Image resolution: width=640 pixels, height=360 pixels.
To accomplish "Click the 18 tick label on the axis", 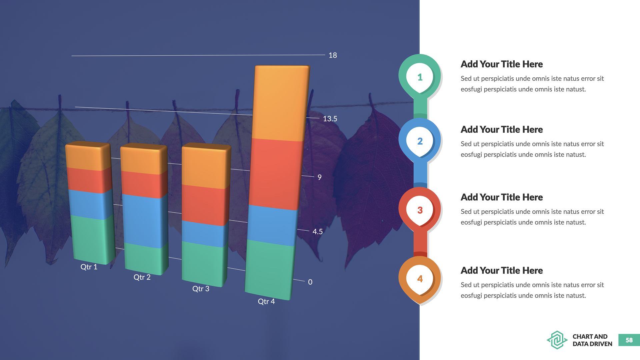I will (x=333, y=55).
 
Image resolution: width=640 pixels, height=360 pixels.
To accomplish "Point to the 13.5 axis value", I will (x=330, y=119).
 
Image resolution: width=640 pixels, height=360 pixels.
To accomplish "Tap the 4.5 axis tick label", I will (x=317, y=232).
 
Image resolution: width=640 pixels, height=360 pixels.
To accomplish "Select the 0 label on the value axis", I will (x=310, y=282).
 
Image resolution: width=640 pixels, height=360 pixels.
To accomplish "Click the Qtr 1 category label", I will (x=89, y=267).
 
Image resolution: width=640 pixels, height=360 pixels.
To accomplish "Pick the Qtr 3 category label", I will (x=201, y=289).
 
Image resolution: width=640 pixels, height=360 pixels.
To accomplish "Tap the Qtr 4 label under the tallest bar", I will (x=266, y=302).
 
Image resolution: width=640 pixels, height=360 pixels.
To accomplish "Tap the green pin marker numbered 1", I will (x=420, y=77).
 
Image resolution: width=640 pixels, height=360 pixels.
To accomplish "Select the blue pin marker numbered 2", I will (x=420, y=141).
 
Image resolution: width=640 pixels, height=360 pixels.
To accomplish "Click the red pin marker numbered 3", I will (x=420, y=210).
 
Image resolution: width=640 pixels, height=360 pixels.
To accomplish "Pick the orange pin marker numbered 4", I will (x=420, y=279).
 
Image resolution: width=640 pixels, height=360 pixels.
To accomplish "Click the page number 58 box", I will (x=629, y=340).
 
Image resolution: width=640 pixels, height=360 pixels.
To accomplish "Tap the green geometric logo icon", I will (x=557, y=340).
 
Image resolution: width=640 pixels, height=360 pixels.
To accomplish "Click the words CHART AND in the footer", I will (x=590, y=337).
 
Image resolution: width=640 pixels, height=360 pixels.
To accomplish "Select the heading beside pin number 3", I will (x=502, y=197).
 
